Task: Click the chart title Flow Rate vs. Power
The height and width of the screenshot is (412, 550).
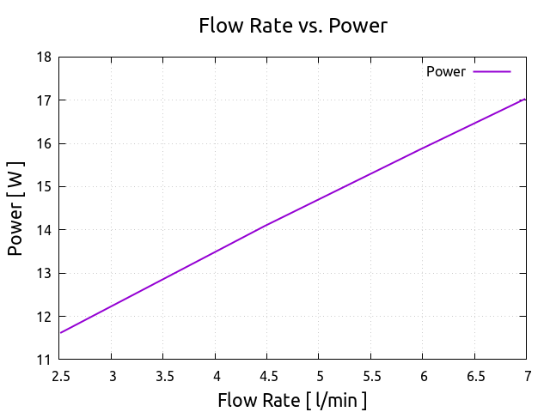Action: click(x=293, y=26)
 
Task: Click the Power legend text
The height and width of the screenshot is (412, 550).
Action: click(x=445, y=72)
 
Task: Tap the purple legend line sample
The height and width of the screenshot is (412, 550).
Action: click(x=492, y=72)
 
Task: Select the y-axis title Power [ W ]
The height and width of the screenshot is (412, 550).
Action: click(x=15, y=209)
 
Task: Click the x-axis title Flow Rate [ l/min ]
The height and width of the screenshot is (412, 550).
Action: click(x=292, y=400)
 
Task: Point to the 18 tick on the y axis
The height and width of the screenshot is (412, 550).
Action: click(x=43, y=58)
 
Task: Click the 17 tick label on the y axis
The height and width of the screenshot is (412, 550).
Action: click(x=43, y=100)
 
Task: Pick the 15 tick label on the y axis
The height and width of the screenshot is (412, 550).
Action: click(x=43, y=187)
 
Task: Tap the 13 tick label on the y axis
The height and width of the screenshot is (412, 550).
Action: click(x=43, y=273)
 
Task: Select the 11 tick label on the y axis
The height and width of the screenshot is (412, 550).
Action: click(x=43, y=360)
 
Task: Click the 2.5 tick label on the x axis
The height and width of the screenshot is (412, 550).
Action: click(x=60, y=376)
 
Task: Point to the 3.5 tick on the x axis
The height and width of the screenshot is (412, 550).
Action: click(x=164, y=376)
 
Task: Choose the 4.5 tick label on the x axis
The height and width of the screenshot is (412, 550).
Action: click(x=267, y=376)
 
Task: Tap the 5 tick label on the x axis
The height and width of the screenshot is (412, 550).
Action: click(x=319, y=376)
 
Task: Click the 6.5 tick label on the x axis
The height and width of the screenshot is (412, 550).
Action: click(x=474, y=376)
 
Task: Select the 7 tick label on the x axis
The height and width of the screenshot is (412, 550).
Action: click(x=526, y=376)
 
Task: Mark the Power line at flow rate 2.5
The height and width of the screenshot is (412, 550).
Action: click(x=61, y=333)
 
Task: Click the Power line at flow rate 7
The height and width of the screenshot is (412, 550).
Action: click(x=524, y=100)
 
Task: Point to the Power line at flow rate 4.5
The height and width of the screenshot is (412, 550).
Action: click(x=267, y=225)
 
